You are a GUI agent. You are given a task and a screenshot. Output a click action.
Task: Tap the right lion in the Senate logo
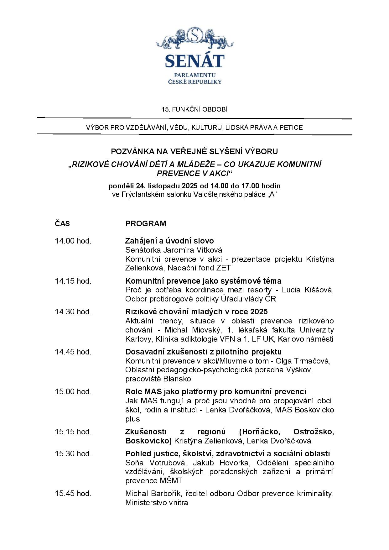point(214,39)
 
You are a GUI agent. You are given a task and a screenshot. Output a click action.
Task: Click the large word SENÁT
point(194,61)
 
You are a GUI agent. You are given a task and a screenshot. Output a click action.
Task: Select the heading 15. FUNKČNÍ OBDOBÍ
point(194,109)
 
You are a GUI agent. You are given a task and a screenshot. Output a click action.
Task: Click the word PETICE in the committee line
point(291,128)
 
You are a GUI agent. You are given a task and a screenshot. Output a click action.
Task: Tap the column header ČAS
point(62,224)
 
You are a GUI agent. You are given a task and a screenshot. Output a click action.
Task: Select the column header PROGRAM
point(146,224)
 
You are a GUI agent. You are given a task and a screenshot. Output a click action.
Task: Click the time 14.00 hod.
point(73,241)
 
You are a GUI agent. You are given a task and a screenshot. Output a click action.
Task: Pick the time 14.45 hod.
point(73,352)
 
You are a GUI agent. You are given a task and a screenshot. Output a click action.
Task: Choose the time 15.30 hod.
point(73,454)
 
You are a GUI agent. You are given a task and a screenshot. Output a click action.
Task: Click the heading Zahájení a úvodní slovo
point(169,241)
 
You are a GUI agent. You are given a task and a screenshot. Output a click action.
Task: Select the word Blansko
point(177,379)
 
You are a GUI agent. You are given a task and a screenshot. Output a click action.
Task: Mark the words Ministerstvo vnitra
point(157,503)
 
